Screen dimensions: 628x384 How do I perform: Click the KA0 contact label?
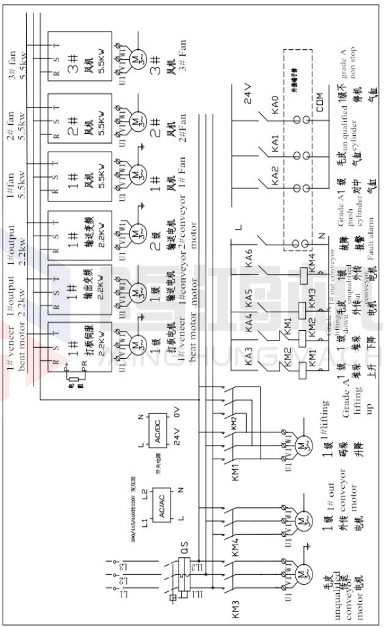(x=275, y=105)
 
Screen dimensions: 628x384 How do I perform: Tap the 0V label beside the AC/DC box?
(x=177, y=415)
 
